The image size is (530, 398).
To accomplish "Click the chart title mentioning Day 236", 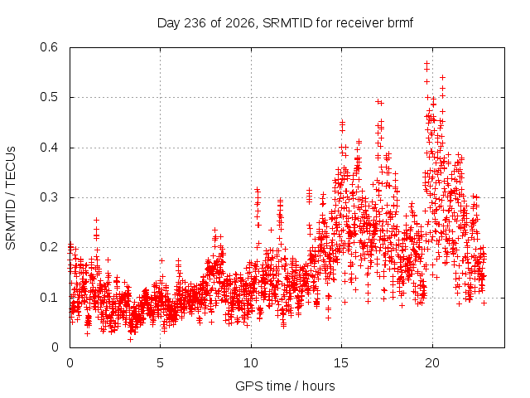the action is [x=285, y=23].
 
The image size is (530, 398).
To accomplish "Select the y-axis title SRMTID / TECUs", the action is [x=11, y=198].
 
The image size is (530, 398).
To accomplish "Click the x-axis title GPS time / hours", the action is [x=285, y=386].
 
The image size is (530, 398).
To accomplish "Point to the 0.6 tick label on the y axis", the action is [x=49, y=47].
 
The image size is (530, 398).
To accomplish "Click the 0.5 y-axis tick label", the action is [x=49, y=97].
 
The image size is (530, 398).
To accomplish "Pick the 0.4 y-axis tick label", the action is [x=49, y=148].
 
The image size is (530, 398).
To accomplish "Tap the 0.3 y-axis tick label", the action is [x=49, y=197].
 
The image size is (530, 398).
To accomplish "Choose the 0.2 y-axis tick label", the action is [x=49, y=247].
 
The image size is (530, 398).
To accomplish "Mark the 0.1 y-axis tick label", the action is [x=49, y=298].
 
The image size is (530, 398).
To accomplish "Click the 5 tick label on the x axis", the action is [x=160, y=363].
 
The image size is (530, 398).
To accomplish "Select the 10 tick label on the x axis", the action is [x=251, y=363].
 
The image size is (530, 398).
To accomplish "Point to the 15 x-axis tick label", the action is [x=341, y=363].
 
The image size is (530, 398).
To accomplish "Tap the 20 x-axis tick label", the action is [x=432, y=363].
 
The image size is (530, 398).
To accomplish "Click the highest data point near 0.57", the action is [x=427, y=63].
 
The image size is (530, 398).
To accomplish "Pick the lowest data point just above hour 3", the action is [x=131, y=339].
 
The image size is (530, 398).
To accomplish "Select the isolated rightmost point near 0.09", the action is [x=484, y=303].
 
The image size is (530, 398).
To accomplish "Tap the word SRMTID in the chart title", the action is [x=287, y=23].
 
